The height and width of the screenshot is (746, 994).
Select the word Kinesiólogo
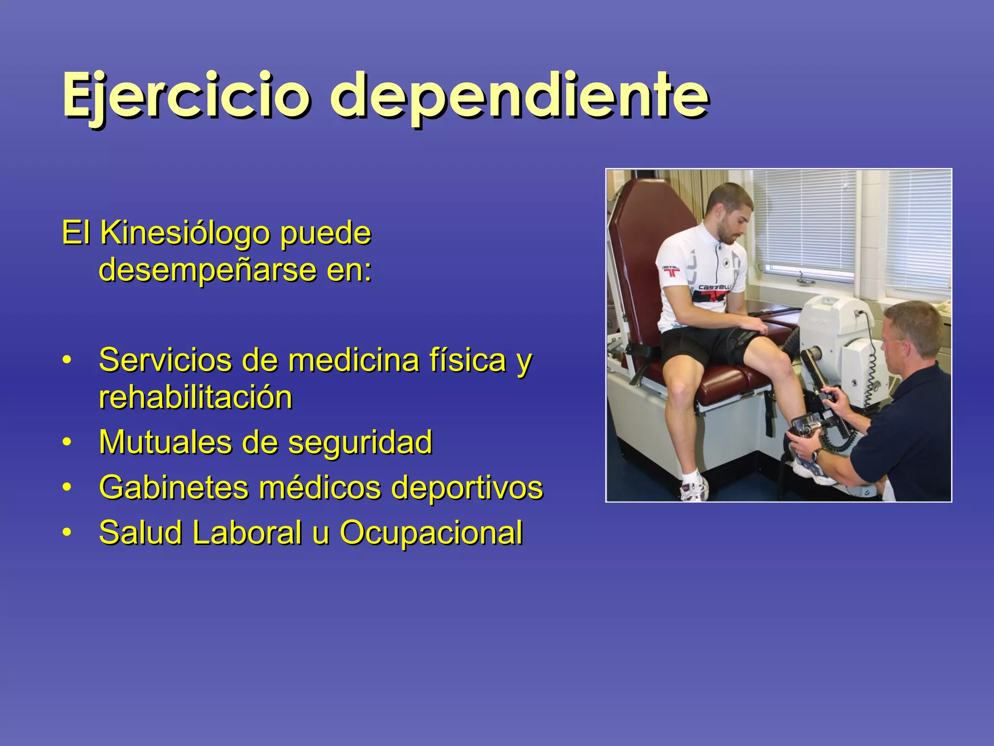click(x=184, y=234)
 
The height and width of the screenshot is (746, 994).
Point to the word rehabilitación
click(x=196, y=397)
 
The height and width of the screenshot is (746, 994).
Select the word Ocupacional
click(x=431, y=532)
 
